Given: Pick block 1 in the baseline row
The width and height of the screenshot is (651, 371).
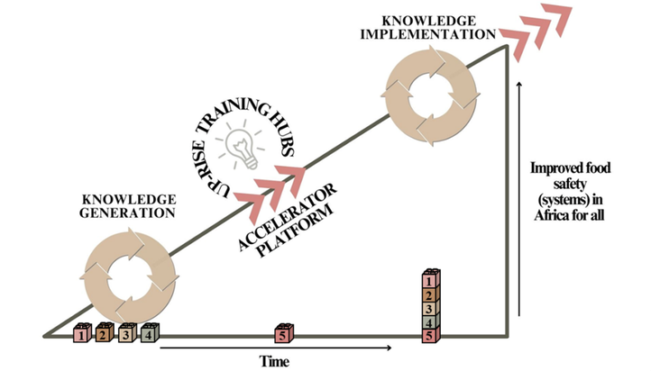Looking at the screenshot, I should coord(82,335).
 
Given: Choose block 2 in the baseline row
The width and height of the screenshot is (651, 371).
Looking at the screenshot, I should coord(105,335).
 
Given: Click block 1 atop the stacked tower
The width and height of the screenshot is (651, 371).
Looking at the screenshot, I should coord(431,280).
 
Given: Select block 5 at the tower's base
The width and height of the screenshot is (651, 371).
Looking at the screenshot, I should coord(431,336).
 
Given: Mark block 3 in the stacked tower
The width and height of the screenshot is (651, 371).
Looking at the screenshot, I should coord(431,308).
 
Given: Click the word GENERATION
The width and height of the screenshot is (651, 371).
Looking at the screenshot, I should coord(128,213).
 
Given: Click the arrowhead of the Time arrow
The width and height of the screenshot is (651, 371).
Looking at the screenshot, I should coord(390,348).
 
